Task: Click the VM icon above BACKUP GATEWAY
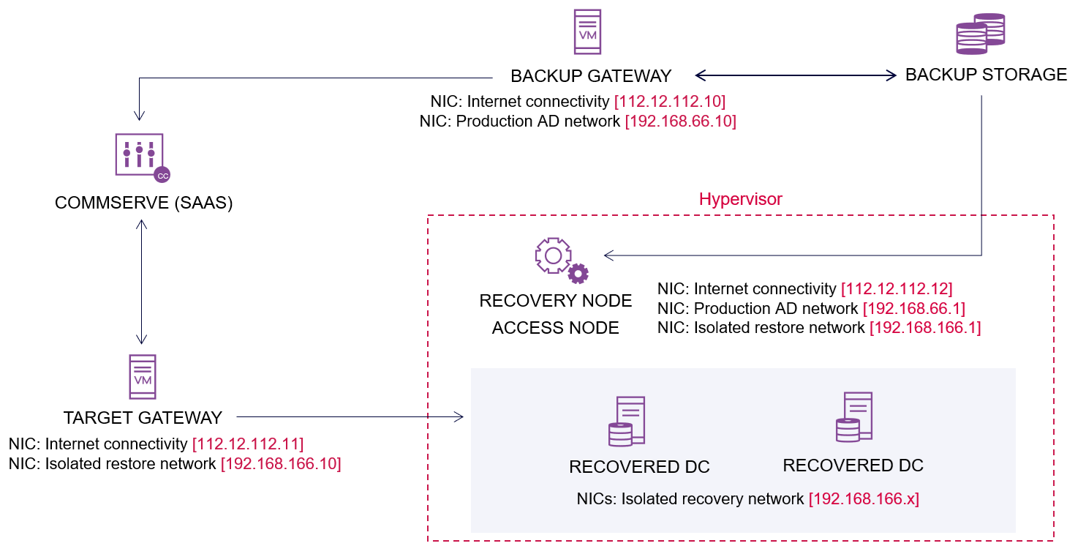click(x=588, y=31)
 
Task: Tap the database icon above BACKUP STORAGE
click(x=980, y=34)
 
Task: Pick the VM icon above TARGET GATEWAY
click(x=143, y=377)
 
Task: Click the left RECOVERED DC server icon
click(x=627, y=422)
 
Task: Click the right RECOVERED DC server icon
click(x=854, y=417)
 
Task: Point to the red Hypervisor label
click(x=740, y=199)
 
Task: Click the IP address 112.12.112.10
click(x=669, y=101)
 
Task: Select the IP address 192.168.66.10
click(x=680, y=121)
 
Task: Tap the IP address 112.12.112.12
click(x=897, y=288)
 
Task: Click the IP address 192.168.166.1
click(x=924, y=328)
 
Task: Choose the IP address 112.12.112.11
click(x=247, y=444)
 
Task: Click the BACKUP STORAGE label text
click(x=986, y=75)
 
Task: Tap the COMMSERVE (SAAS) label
click(x=143, y=203)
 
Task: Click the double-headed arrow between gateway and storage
click(x=795, y=75)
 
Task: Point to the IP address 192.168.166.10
click(x=281, y=464)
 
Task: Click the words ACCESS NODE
click(x=555, y=328)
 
